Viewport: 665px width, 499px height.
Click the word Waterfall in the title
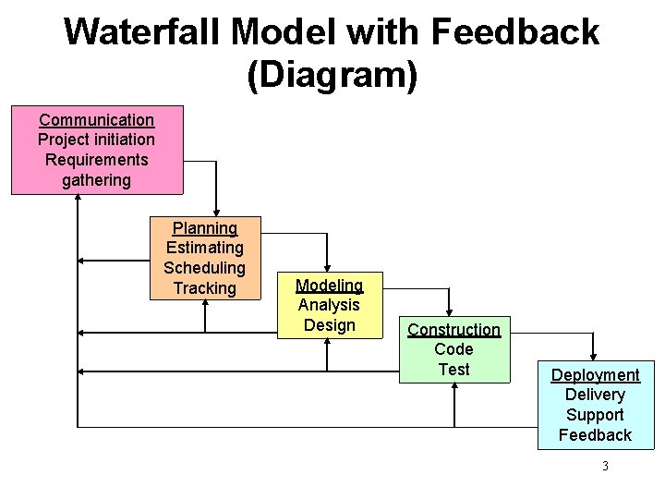tap(141, 33)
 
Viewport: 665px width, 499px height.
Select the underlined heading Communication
tap(96, 120)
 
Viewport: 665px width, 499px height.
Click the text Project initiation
tap(96, 140)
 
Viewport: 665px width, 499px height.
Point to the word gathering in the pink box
tap(96, 180)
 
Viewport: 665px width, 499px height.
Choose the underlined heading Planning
tap(205, 228)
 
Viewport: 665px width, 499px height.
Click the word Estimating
tap(205, 248)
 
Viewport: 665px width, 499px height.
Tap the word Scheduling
tap(205, 268)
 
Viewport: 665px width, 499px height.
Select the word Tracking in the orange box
tap(205, 288)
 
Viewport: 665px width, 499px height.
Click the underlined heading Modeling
tap(329, 286)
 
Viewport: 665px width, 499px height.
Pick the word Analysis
tap(329, 305)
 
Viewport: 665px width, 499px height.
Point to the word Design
tap(329, 325)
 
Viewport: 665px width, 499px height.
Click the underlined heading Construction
tap(453, 330)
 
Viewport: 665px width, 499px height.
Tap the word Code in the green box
tap(453, 349)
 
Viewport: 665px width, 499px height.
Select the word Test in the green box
tap(453, 370)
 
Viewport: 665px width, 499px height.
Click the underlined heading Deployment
tap(595, 375)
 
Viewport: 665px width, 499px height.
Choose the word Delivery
tap(595, 395)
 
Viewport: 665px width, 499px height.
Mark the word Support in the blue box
tap(595, 415)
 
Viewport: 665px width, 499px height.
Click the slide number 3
tap(605, 466)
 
